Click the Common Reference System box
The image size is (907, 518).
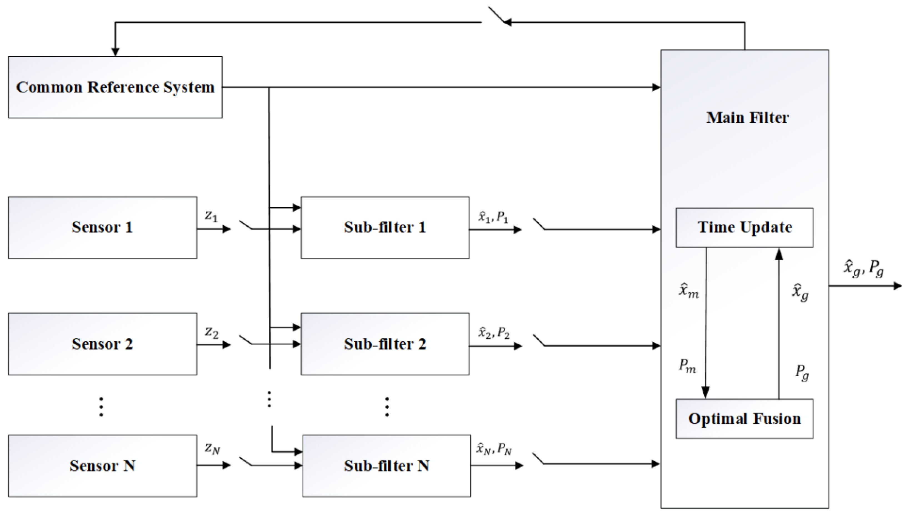(x=115, y=87)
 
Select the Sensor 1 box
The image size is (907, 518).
(x=103, y=227)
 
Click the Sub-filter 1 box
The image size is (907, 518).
(x=385, y=227)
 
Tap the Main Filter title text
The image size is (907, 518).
(x=747, y=118)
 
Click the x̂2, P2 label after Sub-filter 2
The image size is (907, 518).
(x=494, y=333)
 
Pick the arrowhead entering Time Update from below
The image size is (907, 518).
(x=779, y=254)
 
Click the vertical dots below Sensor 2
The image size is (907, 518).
(x=101, y=407)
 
